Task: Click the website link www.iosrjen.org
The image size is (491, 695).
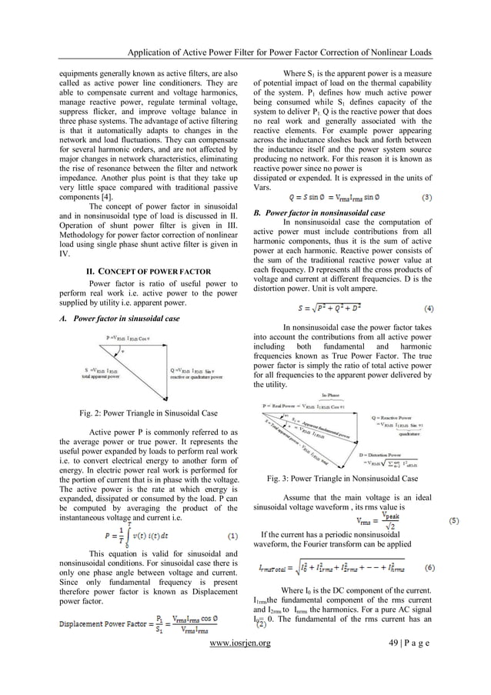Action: coord(245,663)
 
